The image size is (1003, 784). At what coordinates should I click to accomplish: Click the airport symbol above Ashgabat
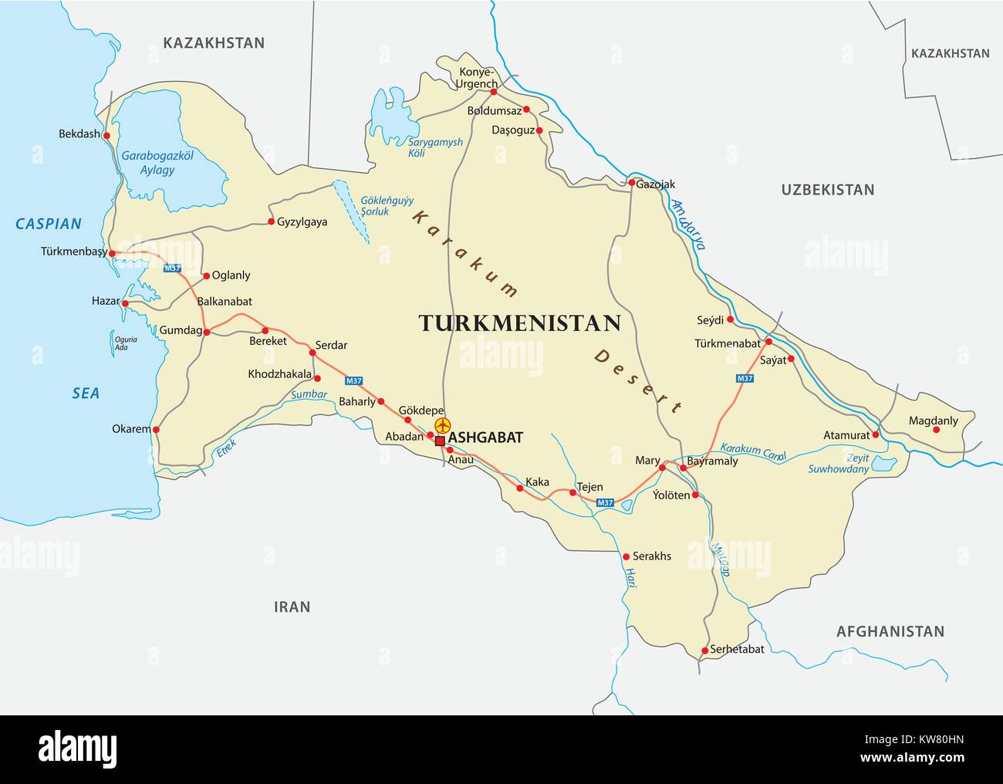[x=442, y=425]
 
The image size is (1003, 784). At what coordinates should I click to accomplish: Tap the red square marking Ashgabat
[x=440, y=441]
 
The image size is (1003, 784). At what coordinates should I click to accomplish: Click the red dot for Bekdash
[x=106, y=135]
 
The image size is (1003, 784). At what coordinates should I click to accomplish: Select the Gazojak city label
[x=656, y=184]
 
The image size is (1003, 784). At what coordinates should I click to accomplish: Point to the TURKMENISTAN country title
[x=519, y=323]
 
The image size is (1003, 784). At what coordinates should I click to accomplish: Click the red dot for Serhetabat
[x=704, y=651]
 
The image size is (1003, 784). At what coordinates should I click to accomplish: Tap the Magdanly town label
[x=933, y=421]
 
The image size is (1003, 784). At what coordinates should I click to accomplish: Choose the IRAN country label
[x=292, y=607]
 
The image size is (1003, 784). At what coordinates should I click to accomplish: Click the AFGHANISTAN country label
[x=890, y=631]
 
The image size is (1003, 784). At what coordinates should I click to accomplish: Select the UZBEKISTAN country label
[x=827, y=190]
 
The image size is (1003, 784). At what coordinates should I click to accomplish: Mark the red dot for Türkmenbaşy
[x=112, y=253]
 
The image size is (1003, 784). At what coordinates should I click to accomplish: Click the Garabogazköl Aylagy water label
[x=157, y=163]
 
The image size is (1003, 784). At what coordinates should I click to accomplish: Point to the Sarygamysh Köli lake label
[x=435, y=147]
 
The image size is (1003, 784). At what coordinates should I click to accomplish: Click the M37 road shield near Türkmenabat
[x=745, y=378]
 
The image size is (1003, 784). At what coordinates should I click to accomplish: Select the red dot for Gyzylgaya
[x=271, y=221]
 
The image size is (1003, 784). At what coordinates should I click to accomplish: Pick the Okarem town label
[x=130, y=429]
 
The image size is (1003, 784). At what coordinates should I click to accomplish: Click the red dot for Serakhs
[x=626, y=556]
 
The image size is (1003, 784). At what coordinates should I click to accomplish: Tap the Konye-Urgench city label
[x=475, y=77]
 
